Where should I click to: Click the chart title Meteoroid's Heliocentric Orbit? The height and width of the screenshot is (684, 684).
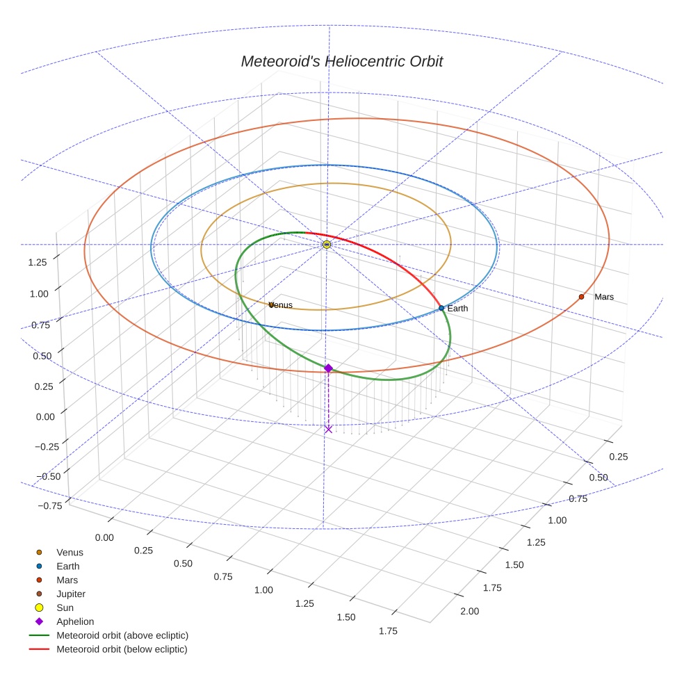pyautogui.click(x=341, y=61)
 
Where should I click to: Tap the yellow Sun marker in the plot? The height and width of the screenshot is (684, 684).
pyautogui.click(x=327, y=245)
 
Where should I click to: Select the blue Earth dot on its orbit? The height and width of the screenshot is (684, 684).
pyautogui.click(x=441, y=308)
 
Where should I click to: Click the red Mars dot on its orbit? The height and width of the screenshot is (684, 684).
pyautogui.click(x=581, y=297)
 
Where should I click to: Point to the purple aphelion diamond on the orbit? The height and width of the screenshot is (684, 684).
pyautogui.click(x=328, y=368)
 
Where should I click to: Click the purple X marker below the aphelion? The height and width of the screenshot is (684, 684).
pyautogui.click(x=328, y=429)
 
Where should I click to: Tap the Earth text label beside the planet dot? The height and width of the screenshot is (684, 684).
pyautogui.click(x=459, y=308)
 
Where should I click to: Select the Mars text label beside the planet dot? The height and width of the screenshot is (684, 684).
pyautogui.click(x=604, y=297)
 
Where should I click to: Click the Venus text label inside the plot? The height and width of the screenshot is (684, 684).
pyautogui.click(x=281, y=305)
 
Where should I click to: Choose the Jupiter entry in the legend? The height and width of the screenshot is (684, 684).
pyautogui.click(x=71, y=594)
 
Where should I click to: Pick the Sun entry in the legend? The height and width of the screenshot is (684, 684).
pyautogui.click(x=65, y=608)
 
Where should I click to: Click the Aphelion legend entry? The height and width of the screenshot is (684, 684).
pyautogui.click(x=75, y=621)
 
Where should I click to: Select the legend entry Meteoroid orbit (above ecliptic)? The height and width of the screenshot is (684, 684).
pyautogui.click(x=122, y=635)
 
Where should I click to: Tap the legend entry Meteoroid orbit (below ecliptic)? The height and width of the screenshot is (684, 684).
pyautogui.click(x=122, y=649)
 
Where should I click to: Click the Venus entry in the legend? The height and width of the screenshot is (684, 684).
pyautogui.click(x=70, y=552)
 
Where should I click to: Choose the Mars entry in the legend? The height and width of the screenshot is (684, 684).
pyautogui.click(x=67, y=580)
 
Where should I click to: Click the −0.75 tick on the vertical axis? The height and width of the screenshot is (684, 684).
pyautogui.click(x=48, y=505)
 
